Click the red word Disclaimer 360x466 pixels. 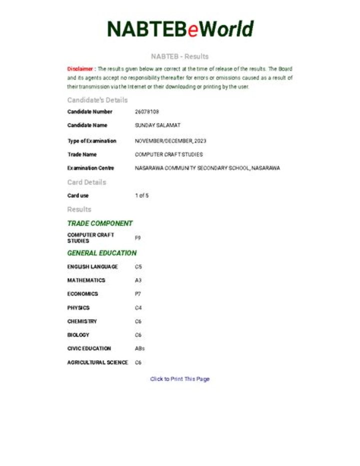coord(80,69)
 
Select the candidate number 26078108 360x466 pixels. coord(147,112)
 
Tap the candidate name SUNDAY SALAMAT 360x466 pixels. coord(157,126)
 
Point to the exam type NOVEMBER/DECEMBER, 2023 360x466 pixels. coord(170,141)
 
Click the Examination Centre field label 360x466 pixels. coord(90,168)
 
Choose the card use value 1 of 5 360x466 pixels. coord(141,196)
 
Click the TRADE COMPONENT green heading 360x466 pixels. coord(100,223)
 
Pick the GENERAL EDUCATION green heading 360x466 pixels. coord(102,253)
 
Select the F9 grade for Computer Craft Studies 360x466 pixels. coord(138,238)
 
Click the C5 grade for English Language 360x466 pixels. coord(138,267)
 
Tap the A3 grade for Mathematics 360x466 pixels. coord(138,280)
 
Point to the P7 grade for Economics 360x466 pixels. coord(138,294)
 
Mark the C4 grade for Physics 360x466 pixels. coord(138,308)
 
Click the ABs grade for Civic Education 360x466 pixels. coord(140,348)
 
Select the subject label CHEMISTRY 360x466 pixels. coord(82,321)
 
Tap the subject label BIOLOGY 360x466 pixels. coord(78,335)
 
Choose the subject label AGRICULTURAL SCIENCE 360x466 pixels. coord(97,362)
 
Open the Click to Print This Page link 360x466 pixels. coord(180,379)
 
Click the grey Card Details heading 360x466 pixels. coord(87,182)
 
